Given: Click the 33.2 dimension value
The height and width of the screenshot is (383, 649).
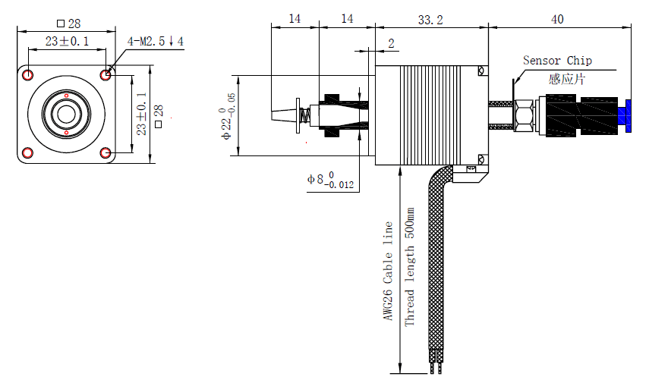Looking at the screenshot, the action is tap(430, 20).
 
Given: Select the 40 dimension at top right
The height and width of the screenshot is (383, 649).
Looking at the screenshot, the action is tap(557, 20).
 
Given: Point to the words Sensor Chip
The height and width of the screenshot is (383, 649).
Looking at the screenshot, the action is tap(557, 61).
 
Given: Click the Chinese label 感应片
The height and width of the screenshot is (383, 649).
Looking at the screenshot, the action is tap(566, 79).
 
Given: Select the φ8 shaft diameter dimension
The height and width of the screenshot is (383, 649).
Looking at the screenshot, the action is tap(330, 181).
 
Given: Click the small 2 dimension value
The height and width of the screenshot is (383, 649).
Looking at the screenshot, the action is tap(391, 43).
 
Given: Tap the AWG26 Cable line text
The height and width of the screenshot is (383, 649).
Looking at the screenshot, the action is tap(388, 271).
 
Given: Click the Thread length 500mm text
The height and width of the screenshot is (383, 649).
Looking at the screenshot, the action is tap(409, 267).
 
